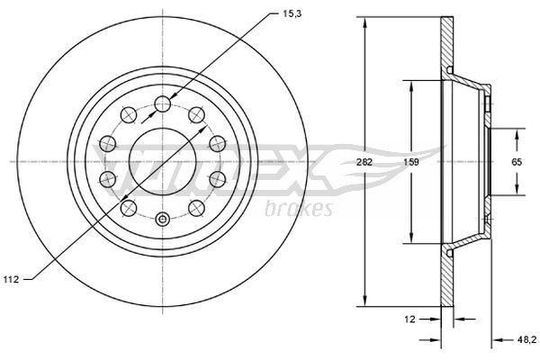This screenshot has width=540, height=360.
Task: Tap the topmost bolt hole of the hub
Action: (162, 104)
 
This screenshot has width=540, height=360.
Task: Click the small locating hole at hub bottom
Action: (162, 219)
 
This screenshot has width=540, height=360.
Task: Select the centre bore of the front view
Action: (162, 162)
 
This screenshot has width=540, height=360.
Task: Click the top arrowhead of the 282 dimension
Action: (365, 20)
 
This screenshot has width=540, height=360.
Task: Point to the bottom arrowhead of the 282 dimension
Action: (365, 304)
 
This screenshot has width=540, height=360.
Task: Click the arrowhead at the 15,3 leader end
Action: (172, 96)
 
